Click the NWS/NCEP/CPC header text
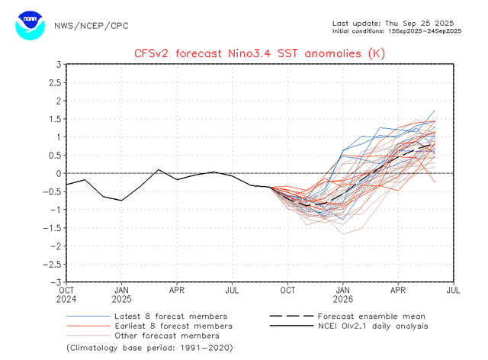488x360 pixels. point(91,25)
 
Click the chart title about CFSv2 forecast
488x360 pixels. point(259,53)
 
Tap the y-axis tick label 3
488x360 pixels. point(58,64)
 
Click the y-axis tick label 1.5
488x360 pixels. point(53,119)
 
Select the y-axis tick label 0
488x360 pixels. point(58,173)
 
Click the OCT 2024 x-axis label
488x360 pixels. point(66,294)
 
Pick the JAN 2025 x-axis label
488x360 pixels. point(121,294)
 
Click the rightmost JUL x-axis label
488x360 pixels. point(453,290)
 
